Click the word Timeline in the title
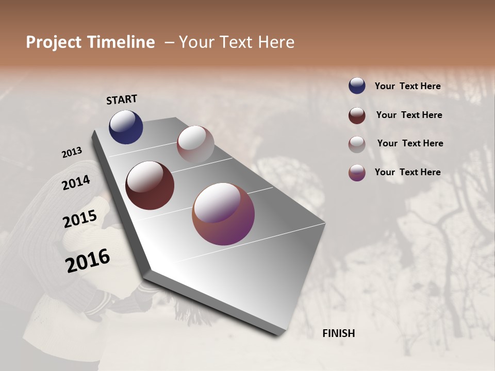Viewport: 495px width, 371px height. click(121, 42)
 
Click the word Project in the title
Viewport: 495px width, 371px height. click(54, 42)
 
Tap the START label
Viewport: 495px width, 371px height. click(122, 99)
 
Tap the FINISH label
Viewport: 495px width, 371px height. click(338, 333)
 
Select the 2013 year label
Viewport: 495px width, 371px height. click(72, 153)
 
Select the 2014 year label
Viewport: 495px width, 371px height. click(76, 182)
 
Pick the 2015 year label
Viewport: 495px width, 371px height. click(79, 219)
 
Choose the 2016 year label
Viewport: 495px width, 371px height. click(88, 261)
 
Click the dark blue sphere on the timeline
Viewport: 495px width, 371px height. click(126, 127)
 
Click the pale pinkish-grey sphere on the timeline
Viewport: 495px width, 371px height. click(195, 144)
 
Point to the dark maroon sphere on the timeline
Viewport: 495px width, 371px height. click(150, 185)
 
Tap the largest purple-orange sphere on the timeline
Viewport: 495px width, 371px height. click(223, 214)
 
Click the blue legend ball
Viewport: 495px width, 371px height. click(357, 86)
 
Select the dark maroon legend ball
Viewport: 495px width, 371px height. click(357, 115)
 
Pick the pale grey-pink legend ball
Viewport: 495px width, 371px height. click(357, 144)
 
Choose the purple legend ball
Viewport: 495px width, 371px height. click(357, 173)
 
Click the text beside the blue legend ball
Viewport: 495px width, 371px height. click(407, 86)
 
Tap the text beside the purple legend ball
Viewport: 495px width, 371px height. click(407, 172)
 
